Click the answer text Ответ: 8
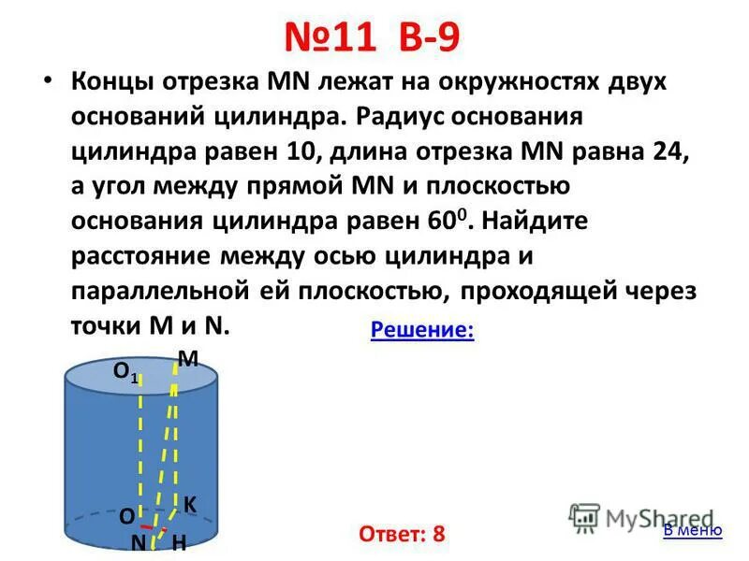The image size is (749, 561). click(402, 534)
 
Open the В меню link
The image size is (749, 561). click(692, 530)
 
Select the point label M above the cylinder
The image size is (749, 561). click(187, 358)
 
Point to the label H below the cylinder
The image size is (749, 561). click(179, 542)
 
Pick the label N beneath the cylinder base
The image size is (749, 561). click(138, 541)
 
